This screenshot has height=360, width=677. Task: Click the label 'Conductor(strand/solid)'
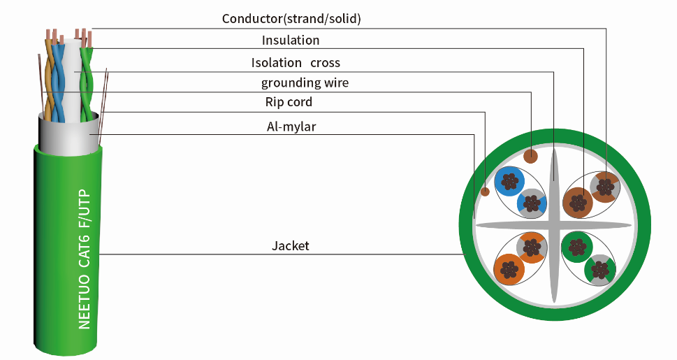tap(291, 19)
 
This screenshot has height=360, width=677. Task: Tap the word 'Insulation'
tap(291, 41)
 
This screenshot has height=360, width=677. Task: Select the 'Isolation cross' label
tap(296, 63)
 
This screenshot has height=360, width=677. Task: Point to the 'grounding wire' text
tap(305, 83)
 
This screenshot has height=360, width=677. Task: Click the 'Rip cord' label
tap(289, 102)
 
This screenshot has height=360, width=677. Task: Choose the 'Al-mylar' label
tap(290, 127)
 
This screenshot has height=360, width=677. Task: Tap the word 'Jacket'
tap(290, 246)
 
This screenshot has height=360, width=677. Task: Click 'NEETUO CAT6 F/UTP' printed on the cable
tap(85, 259)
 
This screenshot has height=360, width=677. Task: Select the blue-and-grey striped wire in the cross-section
tap(532, 203)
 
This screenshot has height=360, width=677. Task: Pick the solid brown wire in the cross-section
tap(577, 203)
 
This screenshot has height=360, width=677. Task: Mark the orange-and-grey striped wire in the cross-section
tap(531, 247)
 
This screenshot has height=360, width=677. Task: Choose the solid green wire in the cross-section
tap(576, 247)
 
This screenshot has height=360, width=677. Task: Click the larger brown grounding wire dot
tap(531, 155)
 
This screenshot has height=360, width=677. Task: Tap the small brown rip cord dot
tap(484, 191)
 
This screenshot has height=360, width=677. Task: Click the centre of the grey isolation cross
tap(553, 225)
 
